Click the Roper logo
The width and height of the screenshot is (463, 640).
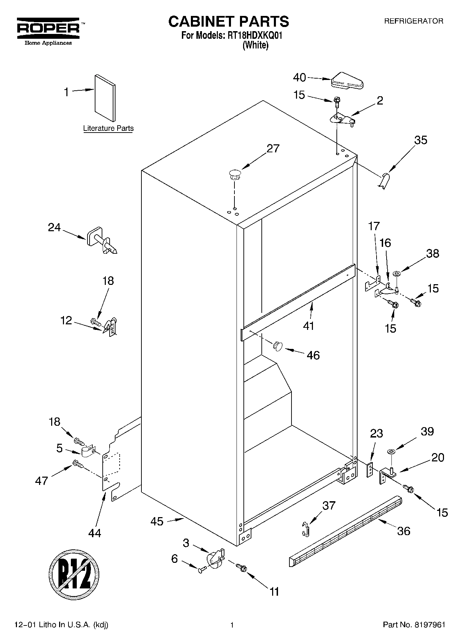(48, 30)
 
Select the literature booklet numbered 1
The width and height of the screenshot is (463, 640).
(105, 98)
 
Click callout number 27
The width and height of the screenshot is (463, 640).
(273, 148)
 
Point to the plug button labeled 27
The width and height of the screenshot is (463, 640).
(234, 174)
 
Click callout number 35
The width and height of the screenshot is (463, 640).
(420, 140)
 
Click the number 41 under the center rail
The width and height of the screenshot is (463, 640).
(308, 326)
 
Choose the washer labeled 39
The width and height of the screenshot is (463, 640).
(392, 451)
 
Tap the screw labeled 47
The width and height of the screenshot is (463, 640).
(78, 464)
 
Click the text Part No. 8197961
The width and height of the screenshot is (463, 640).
(414, 625)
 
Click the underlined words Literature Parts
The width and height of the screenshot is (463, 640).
(108, 128)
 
